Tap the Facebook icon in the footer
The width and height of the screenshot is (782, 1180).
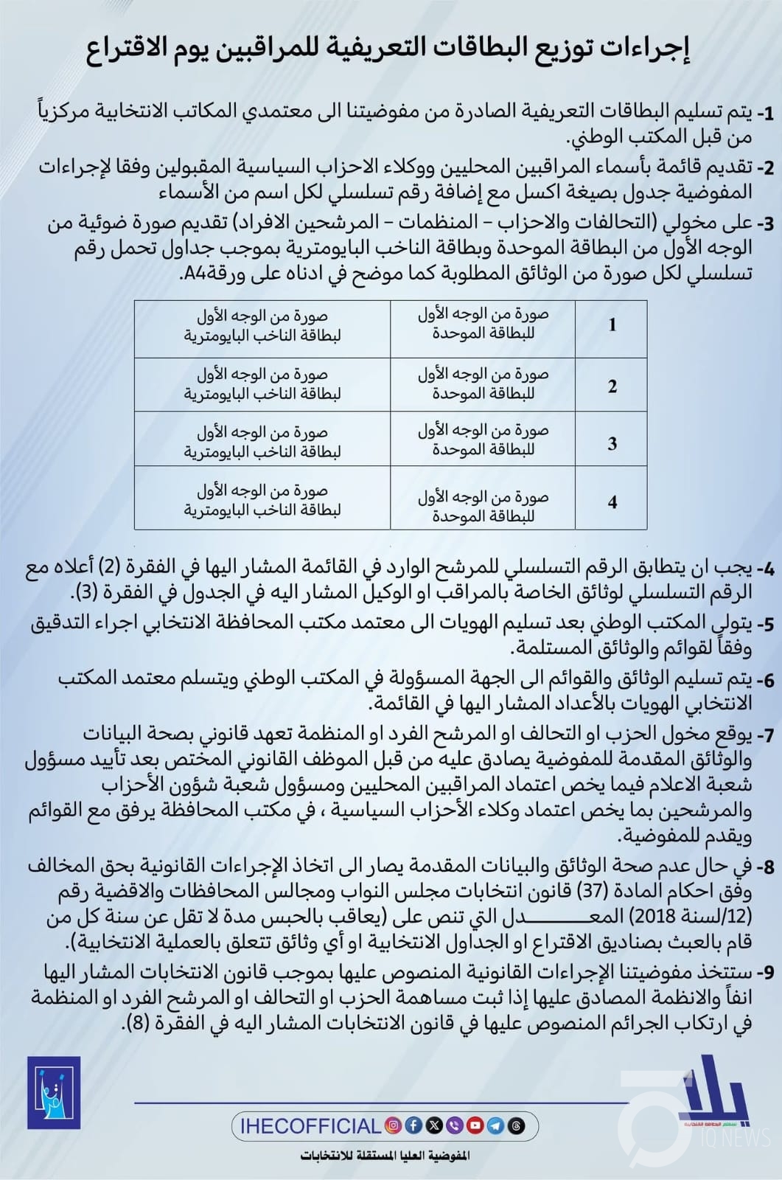(414, 1125)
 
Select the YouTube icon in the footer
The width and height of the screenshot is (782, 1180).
(475, 1125)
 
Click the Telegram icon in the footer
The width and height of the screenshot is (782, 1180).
(496, 1125)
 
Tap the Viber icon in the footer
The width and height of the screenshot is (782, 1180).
(455, 1125)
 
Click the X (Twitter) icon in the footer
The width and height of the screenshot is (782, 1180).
(435, 1125)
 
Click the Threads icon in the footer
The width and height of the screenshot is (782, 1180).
(517, 1125)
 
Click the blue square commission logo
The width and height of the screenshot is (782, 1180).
(54, 1093)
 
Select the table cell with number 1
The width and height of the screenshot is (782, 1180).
(612, 325)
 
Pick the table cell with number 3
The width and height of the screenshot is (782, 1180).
(612, 444)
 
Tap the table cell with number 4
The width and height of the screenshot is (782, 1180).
(612, 503)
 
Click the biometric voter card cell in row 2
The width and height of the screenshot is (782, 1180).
(262, 384)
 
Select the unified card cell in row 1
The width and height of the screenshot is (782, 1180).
(483, 324)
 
